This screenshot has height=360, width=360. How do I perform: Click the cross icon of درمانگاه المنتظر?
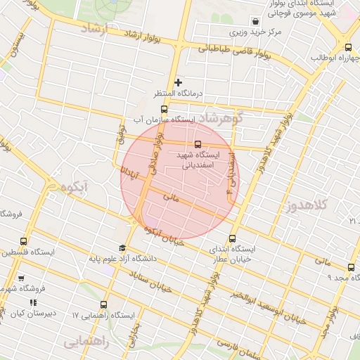178,83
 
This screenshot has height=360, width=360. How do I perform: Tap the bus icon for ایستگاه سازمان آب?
164,109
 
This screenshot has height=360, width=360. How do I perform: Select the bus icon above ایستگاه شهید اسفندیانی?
196,145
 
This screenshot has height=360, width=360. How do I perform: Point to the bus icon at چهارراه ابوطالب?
349,48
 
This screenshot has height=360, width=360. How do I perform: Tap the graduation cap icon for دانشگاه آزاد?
122,248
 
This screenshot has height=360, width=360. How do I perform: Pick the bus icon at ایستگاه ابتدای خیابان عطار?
233,238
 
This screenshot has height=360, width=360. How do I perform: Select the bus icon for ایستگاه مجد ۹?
351,267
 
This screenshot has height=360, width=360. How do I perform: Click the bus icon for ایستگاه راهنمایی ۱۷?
104,304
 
